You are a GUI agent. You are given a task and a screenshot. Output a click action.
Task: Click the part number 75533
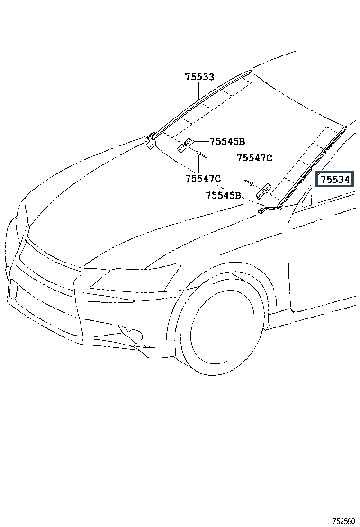coord(199,77)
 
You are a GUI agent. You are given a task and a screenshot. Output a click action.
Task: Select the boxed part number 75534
coord(335,180)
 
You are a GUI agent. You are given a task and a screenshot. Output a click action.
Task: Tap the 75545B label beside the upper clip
coord(227,141)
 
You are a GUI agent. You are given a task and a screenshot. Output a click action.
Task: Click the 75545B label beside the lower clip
coord(224,195)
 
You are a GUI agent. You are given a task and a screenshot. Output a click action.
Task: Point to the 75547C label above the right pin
coord(254,158)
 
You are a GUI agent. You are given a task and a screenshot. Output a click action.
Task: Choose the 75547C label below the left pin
coord(203,178)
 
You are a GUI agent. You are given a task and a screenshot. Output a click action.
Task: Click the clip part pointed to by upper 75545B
coord(185,145)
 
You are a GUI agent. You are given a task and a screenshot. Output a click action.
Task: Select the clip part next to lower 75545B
coord(263,191)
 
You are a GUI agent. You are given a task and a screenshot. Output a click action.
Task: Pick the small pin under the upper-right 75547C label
coord(250,182)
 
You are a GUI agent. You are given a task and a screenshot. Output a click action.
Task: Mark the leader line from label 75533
coord(199,92)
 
